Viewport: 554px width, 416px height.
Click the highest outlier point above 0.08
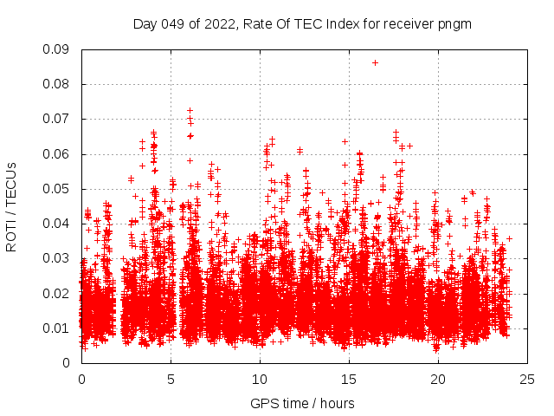click(375, 62)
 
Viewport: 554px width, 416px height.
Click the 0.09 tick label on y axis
click(57, 49)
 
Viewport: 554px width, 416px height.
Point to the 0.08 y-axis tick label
click(57, 84)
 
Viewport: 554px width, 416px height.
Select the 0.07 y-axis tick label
click(57, 119)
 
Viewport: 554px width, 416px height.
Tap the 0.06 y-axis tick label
click(57, 154)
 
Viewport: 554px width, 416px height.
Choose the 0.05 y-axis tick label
click(57, 189)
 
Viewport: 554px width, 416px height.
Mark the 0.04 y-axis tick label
click(57, 224)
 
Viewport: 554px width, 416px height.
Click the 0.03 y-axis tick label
click(57, 258)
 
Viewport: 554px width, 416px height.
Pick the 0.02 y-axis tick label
click(57, 293)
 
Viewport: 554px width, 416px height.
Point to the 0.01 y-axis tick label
click(57, 328)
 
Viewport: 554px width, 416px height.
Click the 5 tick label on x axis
click(171, 379)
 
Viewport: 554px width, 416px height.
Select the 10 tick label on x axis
click(260, 379)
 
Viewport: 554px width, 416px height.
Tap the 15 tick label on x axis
click(349, 379)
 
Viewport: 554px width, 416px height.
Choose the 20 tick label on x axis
click(438, 379)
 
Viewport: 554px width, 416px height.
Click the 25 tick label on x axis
click(527, 379)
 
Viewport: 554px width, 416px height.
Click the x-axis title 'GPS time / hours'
click(302, 403)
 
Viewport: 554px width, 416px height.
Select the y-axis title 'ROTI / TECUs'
click(11, 206)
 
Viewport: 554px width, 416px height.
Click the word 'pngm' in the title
click(454, 24)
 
